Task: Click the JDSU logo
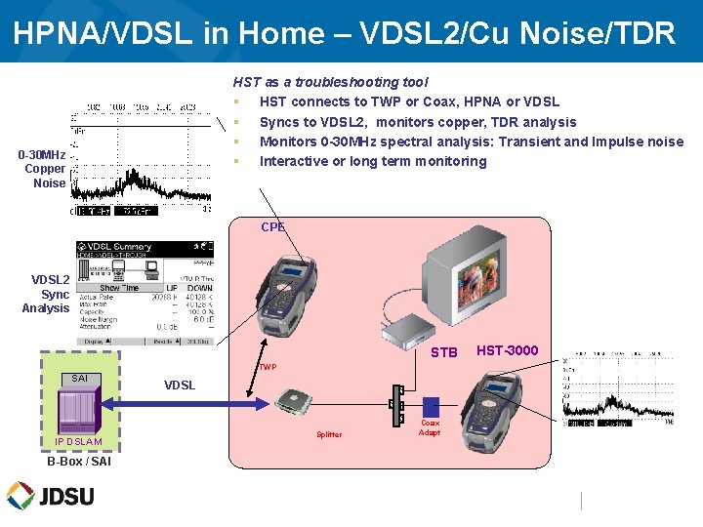click(51, 496)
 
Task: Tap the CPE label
click(272, 227)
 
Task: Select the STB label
click(443, 352)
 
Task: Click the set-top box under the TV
click(420, 332)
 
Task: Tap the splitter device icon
click(294, 400)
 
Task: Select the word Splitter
click(329, 434)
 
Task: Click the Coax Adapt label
click(430, 428)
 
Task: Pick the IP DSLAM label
click(78, 443)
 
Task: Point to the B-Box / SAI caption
click(78, 462)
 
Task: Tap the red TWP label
click(268, 368)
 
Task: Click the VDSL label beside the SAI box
click(180, 385)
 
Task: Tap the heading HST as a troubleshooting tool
click(330, 82)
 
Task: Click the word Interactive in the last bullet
click(294, 161)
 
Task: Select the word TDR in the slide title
click(644, 32)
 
